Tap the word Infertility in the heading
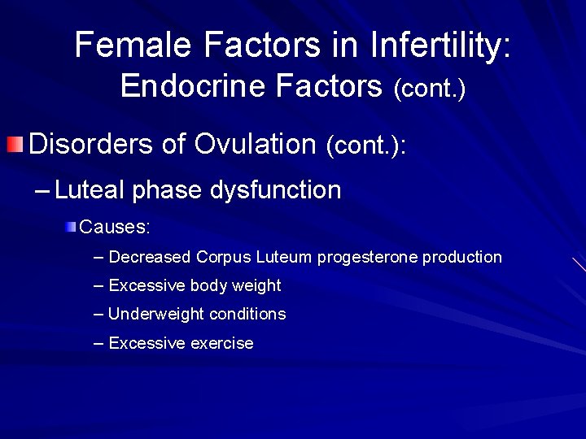pyautogui.click(x=439, y=45)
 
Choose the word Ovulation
pyautogui.click(x=255, y=144)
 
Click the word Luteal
pyautogui.click(x=90, y=190)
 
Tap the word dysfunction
pyautogui.click(x=275, y=190)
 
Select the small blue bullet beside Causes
pyautogui.click(x=72, y=226)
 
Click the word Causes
pyautogui.click(x=115, y=225)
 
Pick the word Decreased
pyautogui.click(x=150, y=258)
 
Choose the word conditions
pyautogui.click(x=247, y=315)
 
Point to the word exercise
pyautogui.click(x=221, y=344)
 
